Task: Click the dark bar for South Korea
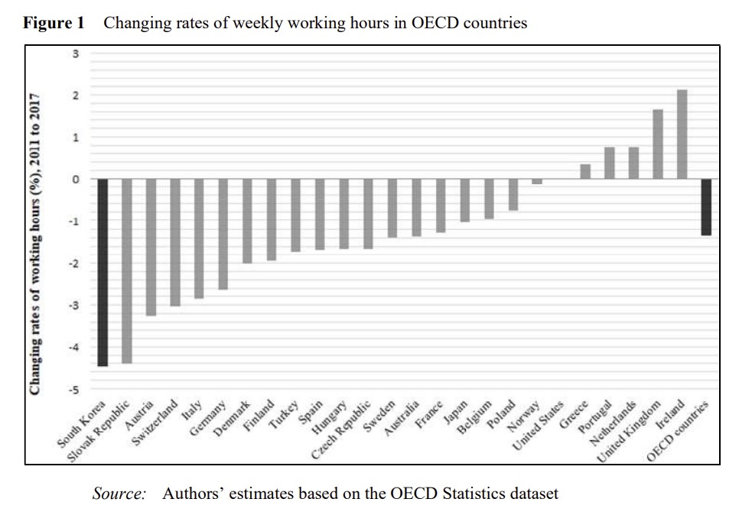pyautogui.click(x=103, y=272)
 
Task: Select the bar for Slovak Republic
pyautogui.click(x=127, y=270)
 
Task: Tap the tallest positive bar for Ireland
pyautogui.click(x=682, y=134)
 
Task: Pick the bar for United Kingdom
pyautogui.click(x=658, y=144)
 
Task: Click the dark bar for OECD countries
pyautogui.click(x=706, y=207)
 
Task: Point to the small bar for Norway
pyautogui.click(x=537, y=182)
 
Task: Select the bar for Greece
pyautogui.click(x=585, y=171)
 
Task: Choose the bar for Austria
pyautogui.click(x=151, y=247)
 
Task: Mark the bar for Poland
pyautogui.click(x=513, y=194)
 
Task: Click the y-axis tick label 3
pyautogui.click(x=75, y=53)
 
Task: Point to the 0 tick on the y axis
pyautogui.click(x=75, y=180)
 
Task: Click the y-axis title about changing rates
pyautogui.click(x=35, y=245)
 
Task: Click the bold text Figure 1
pyautogui.click(x=54, y=23)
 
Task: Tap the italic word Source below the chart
pyautogui.click(x=119, y=494)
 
